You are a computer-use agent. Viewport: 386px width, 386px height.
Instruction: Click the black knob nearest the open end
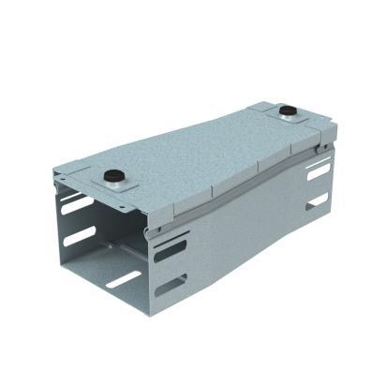(114, 175)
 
